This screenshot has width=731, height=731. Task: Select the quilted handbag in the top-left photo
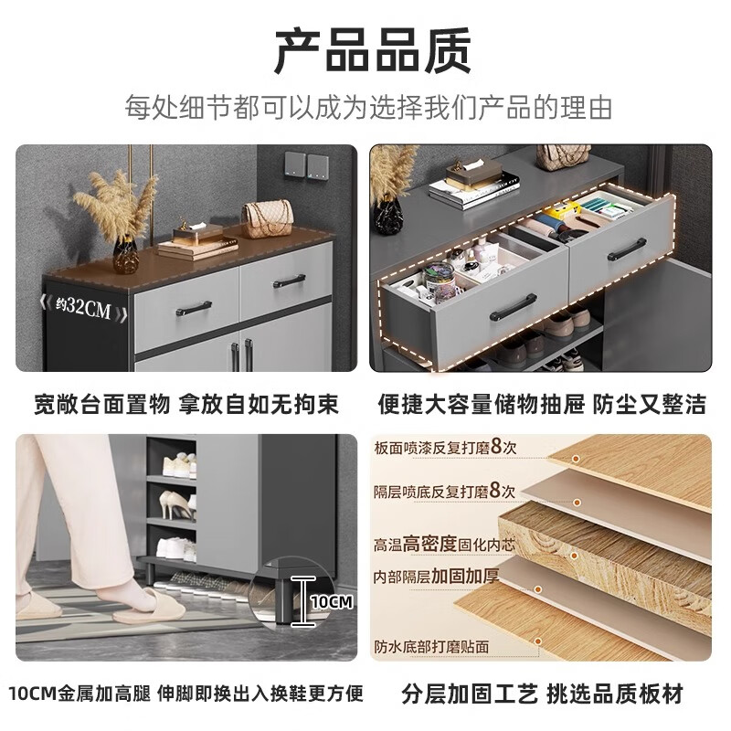pos(266,218)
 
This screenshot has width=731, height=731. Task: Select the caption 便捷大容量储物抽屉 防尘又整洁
pos(542,404)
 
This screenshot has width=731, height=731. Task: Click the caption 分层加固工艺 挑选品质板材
pos(542,694)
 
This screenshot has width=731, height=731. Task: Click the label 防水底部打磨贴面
pos(431,646)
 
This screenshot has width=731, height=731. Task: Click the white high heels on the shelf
pos(175,502)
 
